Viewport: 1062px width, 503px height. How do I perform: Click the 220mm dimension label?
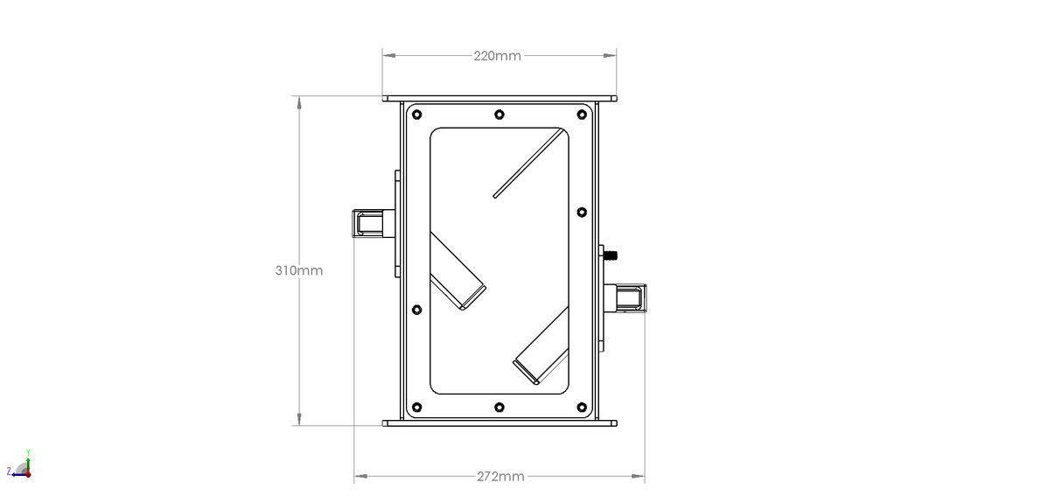point(497,56)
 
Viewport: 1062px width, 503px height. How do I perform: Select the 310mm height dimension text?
point(299,270)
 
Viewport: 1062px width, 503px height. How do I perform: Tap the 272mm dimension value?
point(500,477)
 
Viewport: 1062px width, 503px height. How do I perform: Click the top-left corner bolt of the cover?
point(416,115)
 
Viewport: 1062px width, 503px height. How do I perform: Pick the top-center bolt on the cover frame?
point(499,115)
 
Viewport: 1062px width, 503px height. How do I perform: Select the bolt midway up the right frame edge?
point(583,212)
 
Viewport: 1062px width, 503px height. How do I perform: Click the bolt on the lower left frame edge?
point(416,310)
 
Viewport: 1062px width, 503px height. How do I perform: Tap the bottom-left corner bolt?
point(416,408)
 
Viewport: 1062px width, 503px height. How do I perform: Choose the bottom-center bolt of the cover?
point(499,408)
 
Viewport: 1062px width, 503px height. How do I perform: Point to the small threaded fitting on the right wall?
point(611,255)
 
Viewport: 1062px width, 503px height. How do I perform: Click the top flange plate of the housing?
point(500,99)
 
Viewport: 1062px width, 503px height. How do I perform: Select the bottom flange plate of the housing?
point(500,423)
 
